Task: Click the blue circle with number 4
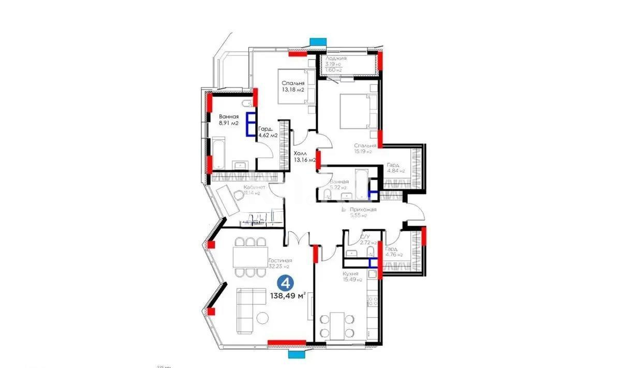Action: click(x=284, y=283)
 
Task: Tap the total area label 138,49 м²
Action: click(x=288, y=297)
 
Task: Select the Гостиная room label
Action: click(x=280, y=264)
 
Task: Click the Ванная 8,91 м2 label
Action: click(x=228, y=120)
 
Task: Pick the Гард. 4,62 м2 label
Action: click(x=268, y=131)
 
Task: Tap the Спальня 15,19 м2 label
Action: click(x=365, y=149)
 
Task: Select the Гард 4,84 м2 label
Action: click(x=395, y=168)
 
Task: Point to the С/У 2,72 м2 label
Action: click(x=367, y=239)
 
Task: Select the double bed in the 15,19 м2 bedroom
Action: click(x=357, y=111)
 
